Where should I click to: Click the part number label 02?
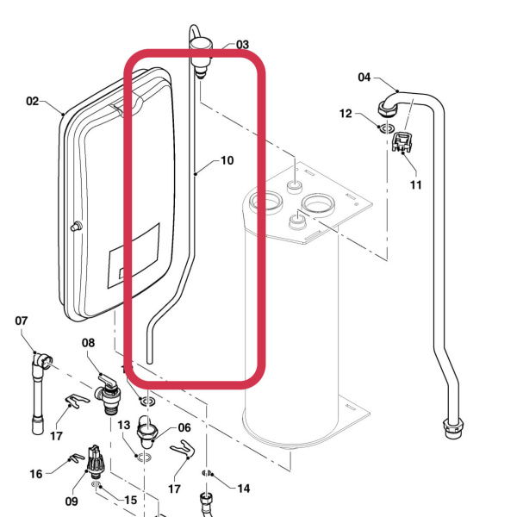(x=33, y=101)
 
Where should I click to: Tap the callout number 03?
(x=242, y=45)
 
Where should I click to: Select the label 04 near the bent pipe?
(x=364, y=78)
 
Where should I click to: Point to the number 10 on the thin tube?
(x=227, y=160)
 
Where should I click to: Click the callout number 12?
(x=346, y=114)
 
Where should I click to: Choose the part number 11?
(x=416, y=184)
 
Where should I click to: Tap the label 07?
(x=22, y=321)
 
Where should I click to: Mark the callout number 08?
(x=89, y=343)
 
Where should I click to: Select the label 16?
(x=36, y=474)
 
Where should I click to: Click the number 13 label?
(x=123, y=425)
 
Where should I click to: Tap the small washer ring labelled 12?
(x=381, y=128)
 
